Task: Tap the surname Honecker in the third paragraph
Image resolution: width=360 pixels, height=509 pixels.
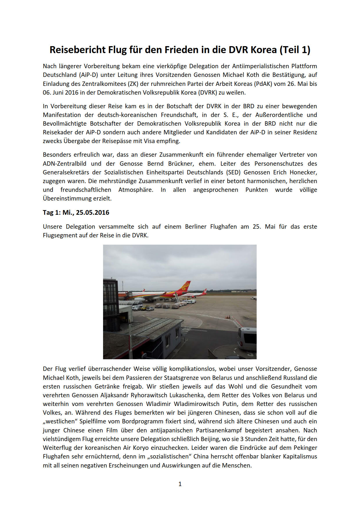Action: pos(303,172)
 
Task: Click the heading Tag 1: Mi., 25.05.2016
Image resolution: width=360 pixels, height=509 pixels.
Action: pos(76,212)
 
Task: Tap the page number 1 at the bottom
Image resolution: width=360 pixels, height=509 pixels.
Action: pos(180,484)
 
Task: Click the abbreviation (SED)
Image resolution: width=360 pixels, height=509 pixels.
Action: pos(233,172)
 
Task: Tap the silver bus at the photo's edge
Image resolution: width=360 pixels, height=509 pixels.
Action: pos(247,339)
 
